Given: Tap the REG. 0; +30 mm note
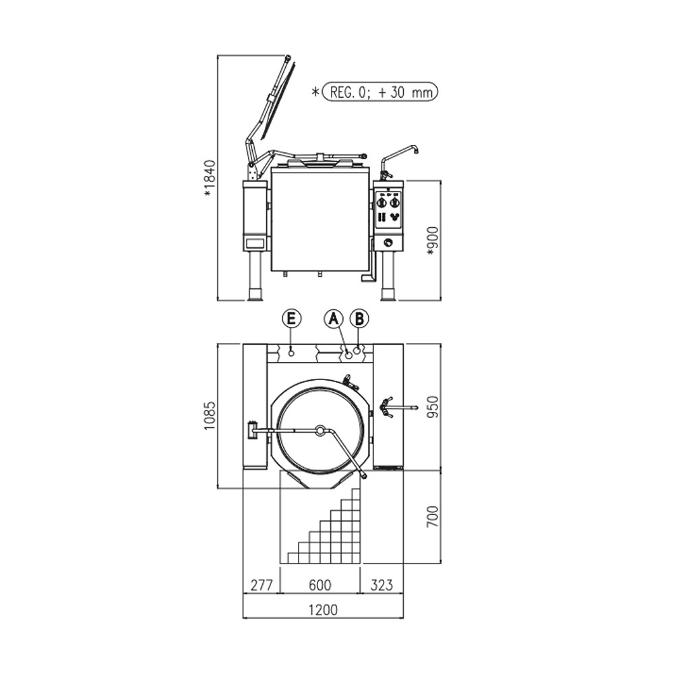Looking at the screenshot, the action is (x=380, y=92).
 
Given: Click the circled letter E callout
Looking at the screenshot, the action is (x=291, y=319).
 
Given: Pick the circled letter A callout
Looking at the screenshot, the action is (x=334, y=319).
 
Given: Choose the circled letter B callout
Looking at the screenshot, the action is (x=359, y=319).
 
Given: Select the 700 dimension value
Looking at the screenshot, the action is (x=433, y=517).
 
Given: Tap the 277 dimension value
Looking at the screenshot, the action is (x=262, y=584).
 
